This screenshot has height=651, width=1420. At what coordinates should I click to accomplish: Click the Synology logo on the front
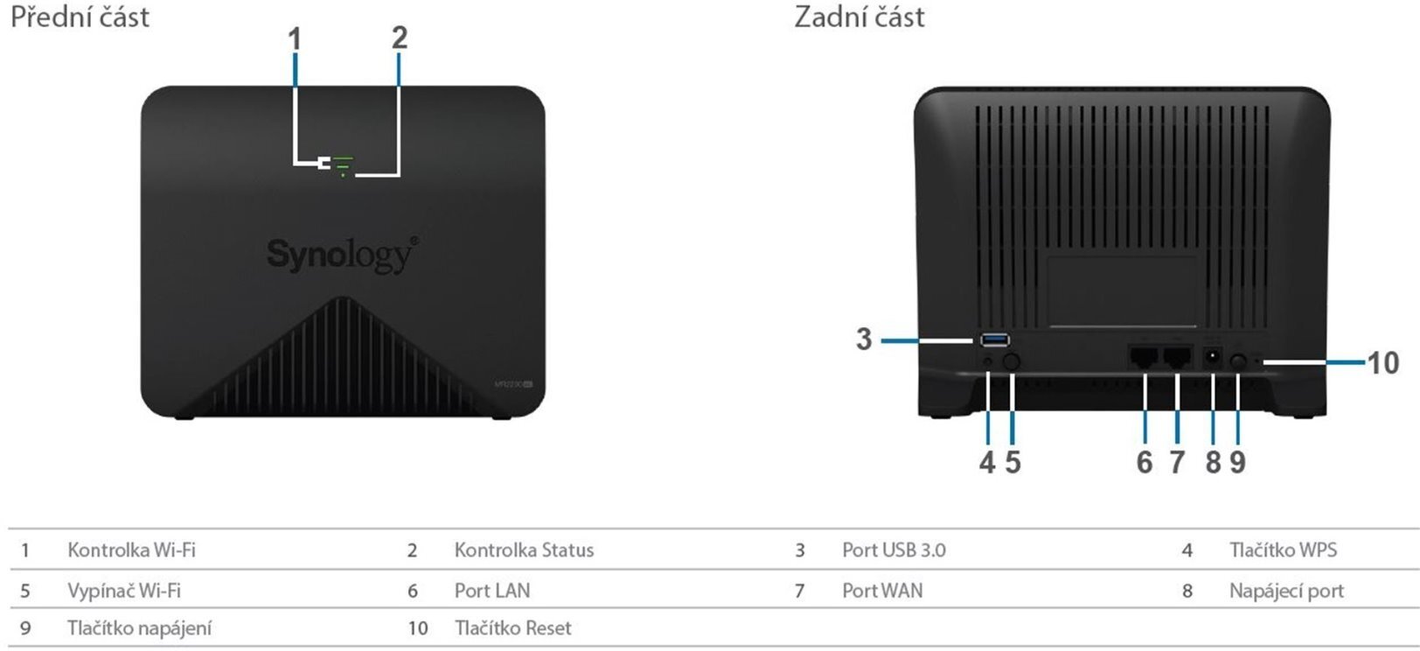[342, 255]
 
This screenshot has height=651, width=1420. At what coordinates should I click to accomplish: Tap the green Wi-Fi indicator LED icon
[342, 162]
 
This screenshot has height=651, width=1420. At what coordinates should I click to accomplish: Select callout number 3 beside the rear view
[864, 339]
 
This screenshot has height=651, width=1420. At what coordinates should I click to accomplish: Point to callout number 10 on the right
[1382, 361]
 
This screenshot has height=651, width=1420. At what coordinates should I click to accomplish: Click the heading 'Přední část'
[80, 17]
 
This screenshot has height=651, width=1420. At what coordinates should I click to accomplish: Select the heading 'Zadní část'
[859, 17]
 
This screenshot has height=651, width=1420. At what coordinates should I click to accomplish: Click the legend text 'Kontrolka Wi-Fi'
[131, 550]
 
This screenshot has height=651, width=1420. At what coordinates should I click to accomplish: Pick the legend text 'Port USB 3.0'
[894, 550]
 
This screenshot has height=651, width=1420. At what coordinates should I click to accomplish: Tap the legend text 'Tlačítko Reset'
[512, 628]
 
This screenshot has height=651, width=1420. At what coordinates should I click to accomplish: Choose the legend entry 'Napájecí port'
[1286, 591]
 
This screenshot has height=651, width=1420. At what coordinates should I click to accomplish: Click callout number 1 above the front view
[296, 39]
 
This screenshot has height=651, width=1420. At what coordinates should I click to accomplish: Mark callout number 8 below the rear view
[1213, 462]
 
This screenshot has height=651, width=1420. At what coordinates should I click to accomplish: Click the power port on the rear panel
[1213, 357]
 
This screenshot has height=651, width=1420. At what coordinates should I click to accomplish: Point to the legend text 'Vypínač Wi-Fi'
[124, 591]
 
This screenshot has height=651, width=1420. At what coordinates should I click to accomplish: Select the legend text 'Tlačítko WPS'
[1283, 550]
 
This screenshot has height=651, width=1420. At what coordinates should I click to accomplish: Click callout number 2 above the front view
[399, 38]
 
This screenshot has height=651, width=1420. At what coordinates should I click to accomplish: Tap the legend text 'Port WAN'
[882, 591]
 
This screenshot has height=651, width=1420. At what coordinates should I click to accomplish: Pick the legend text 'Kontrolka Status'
[524, 550]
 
